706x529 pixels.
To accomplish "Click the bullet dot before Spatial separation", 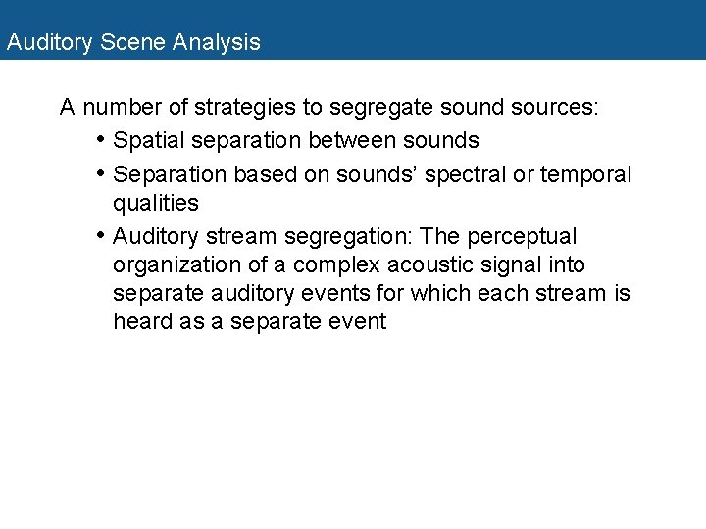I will tap(102, 139).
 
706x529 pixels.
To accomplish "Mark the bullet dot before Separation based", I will tap(102, 173).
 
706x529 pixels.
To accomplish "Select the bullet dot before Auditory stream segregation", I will tap(102, 236).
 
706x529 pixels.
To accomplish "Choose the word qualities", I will tap(156, 204).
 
